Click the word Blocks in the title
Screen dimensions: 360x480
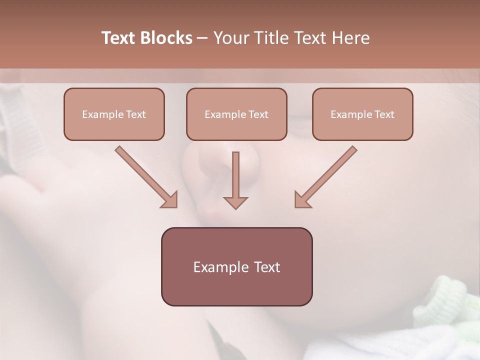pyautogui.click(x=167, y=38)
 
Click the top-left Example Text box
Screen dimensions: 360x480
pyautogui.click(x=114, y=114)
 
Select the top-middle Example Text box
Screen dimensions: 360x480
pyautogui.click(x=236, y=114)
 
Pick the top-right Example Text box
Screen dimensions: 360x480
pyautogui.click(x=362, y=114)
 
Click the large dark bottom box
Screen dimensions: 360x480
pyautogui.click(x=236, y=266)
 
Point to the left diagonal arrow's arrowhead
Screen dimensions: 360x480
pyautogui.click(x=170, y=200)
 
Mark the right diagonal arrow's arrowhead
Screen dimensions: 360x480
pyautogui.click(x=302, y=200)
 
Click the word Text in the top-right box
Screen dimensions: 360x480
pyautogui.click(x=384, y=114)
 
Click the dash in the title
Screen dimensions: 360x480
pyautogui.click(x=203, y=38)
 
